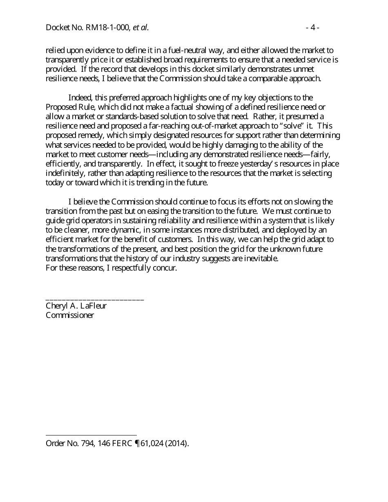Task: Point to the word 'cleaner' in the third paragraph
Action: coord(74,230)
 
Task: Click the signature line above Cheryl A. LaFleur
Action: coord(95,300)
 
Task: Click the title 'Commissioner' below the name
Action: coord(70,315)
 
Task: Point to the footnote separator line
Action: coord(91,435)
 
